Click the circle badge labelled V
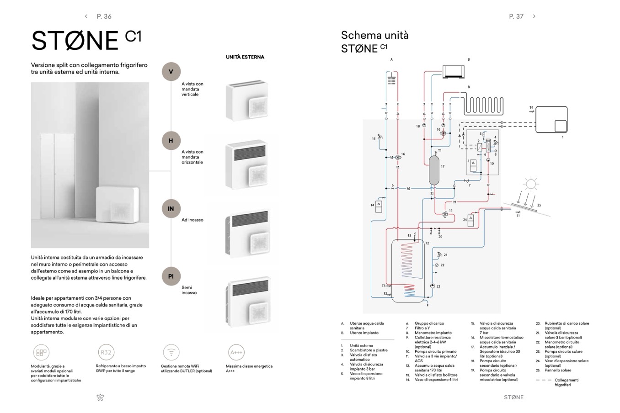171,72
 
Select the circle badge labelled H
171,141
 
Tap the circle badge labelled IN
171,209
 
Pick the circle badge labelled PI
171,276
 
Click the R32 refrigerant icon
106,353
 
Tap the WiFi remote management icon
171,353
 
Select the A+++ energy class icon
236,353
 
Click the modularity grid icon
41,353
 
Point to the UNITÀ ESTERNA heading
245,57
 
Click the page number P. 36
104,16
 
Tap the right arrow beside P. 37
534,16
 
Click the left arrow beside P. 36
86,16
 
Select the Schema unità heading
375,35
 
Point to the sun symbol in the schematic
530,184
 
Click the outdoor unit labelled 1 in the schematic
551,120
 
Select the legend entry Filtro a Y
422,328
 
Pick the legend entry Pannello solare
558,370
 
